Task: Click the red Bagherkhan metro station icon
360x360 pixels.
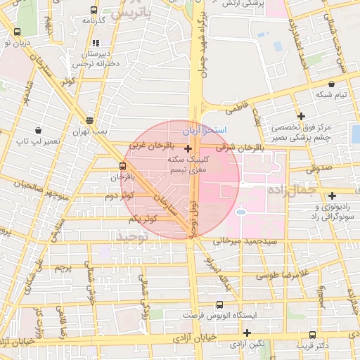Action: pos(123,167)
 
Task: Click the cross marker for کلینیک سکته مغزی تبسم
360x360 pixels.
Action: pos(188,149)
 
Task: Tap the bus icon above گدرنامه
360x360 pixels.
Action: pos(94,11)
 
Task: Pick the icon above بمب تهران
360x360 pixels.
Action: pos(89,120)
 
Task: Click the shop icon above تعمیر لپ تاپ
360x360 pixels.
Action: pos(39,130)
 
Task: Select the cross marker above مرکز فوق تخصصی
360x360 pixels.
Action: pos(302,116)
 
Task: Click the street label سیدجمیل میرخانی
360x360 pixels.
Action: pos(231,241)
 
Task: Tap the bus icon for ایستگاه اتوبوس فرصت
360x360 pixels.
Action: pos(219,305)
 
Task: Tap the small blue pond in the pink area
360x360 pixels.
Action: pos(240,210)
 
